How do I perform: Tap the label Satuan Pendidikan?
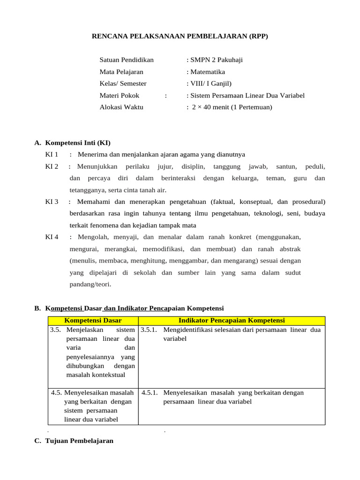tap(127, 60)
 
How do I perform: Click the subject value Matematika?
tap(207, 72)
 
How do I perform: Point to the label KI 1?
tap(52, 154)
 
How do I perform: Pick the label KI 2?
tap(52, 166)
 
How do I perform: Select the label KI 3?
tap(52, 202)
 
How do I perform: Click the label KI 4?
tap(52, 237)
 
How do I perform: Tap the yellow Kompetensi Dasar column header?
tap(93, 321)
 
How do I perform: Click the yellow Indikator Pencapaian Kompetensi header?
tap(232, 321)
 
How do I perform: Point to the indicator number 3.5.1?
tap(150, 330)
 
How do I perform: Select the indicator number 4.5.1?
tap(150, 393)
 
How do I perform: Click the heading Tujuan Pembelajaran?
tap(79, 441)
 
